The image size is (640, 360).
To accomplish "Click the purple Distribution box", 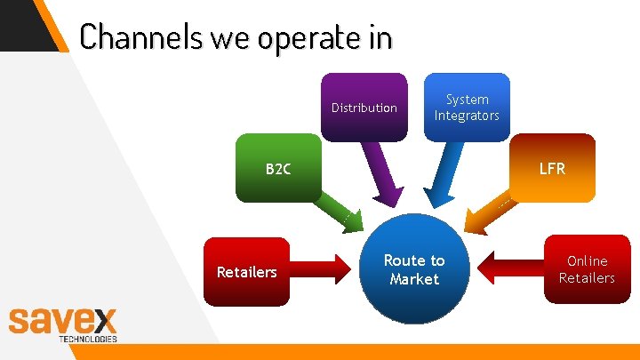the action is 364,108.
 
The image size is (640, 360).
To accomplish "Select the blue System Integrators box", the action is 467,108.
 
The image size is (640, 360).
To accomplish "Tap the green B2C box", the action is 277,169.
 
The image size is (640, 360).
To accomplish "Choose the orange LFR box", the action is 552,168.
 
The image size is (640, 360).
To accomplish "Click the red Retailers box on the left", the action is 247,271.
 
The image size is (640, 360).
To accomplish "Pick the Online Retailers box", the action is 587,269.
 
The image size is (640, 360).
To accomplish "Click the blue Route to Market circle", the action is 414,270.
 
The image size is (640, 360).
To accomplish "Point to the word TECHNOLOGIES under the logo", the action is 87,339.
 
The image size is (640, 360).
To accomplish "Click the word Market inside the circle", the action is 414,279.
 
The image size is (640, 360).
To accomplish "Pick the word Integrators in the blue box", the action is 467,116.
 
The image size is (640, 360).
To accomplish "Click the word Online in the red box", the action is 587,260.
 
